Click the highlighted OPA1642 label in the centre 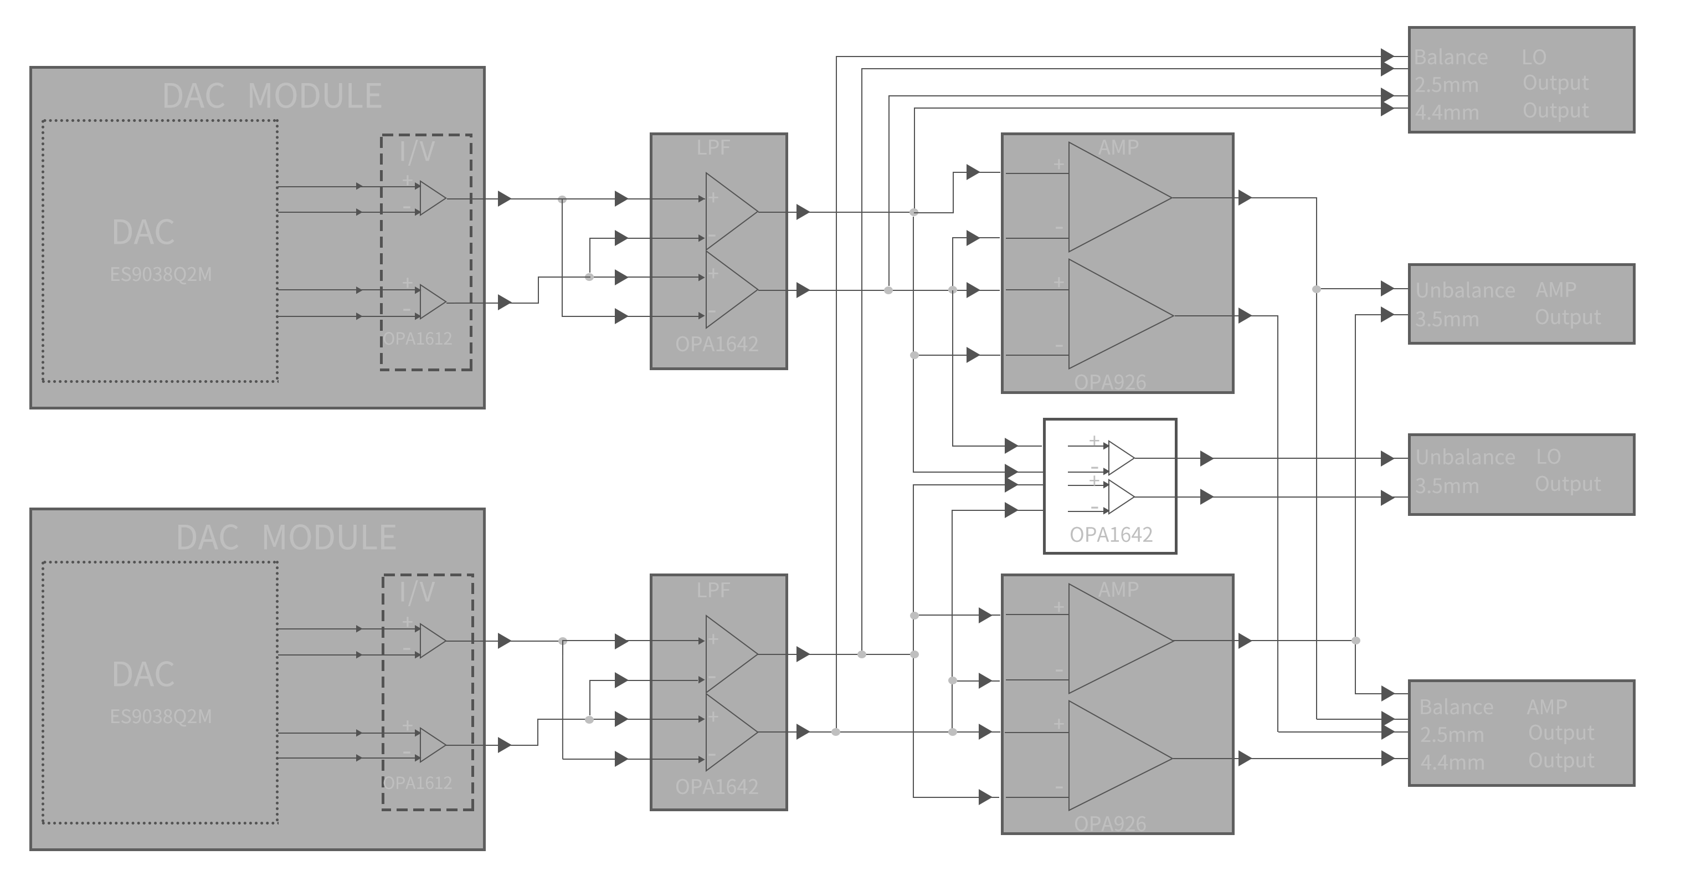[1111, 534]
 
